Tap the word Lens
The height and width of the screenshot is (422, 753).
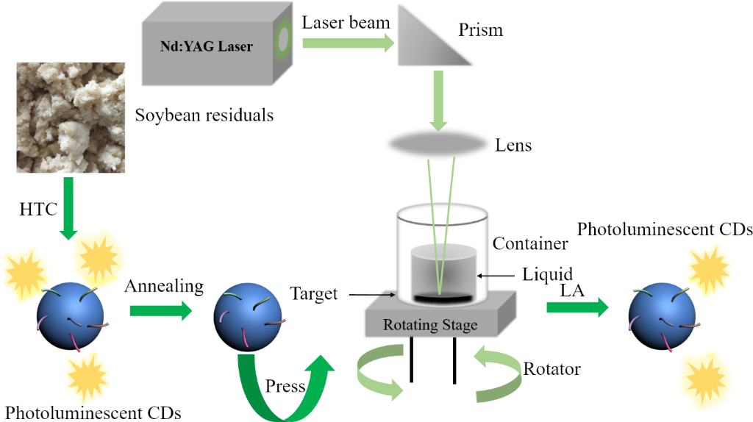(513, 146)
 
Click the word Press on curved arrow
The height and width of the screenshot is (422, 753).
(285, 386)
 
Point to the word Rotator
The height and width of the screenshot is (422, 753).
(552, 368)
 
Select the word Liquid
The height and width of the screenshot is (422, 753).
(547, 275)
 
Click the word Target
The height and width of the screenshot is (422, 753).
(313, 294)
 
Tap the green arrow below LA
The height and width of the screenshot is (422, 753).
(578, 307)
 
